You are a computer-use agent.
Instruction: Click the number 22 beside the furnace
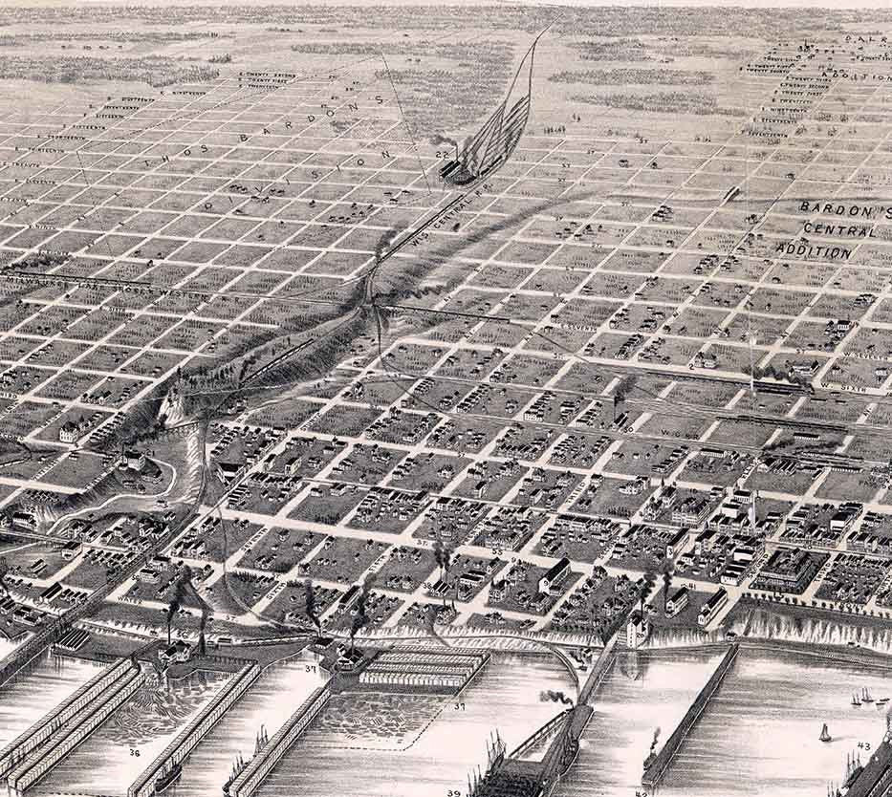coord(442,153)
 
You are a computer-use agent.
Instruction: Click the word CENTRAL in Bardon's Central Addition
coord(838,230)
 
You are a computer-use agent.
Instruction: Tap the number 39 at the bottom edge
coord(452,792)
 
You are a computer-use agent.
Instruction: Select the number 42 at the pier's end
coord(641,792)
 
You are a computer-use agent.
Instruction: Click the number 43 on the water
coord(863,745)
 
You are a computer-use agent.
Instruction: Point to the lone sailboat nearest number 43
coord(824,733)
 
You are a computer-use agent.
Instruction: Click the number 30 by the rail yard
coord(628,429)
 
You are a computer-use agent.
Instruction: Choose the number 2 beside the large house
coord(690,367)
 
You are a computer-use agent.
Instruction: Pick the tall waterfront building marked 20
coord(634,630)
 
